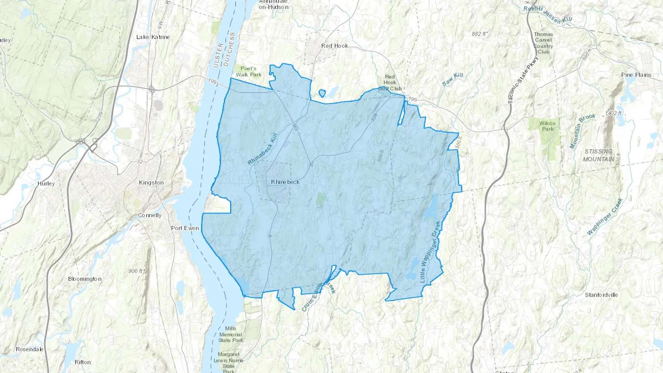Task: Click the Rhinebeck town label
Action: [x=285, y=182]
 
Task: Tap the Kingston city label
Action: [x=151, y=183]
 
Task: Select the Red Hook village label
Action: [x=334, y=46]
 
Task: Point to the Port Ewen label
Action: [x=185, y=228]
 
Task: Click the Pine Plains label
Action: [x=636, y=75]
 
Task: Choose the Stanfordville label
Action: [x=601, y=295]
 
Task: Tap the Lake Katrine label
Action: [x=153, y=37]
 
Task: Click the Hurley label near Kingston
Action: [x=46, y=184]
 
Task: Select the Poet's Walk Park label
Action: [x=249, y=71]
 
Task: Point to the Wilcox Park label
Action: [x=547, y=126]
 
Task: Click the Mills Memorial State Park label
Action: [x=231, y=334]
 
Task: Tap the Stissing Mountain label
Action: [x=598, y=155]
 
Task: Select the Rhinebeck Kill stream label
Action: [x=262, y=149]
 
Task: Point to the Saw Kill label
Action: [x=452, y=79]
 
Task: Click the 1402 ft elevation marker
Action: [x=613, y=113]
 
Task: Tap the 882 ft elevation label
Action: [x=479, y=34]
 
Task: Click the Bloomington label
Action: [x=85, y=279]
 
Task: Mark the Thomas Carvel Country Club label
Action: [x=543, y=43]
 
